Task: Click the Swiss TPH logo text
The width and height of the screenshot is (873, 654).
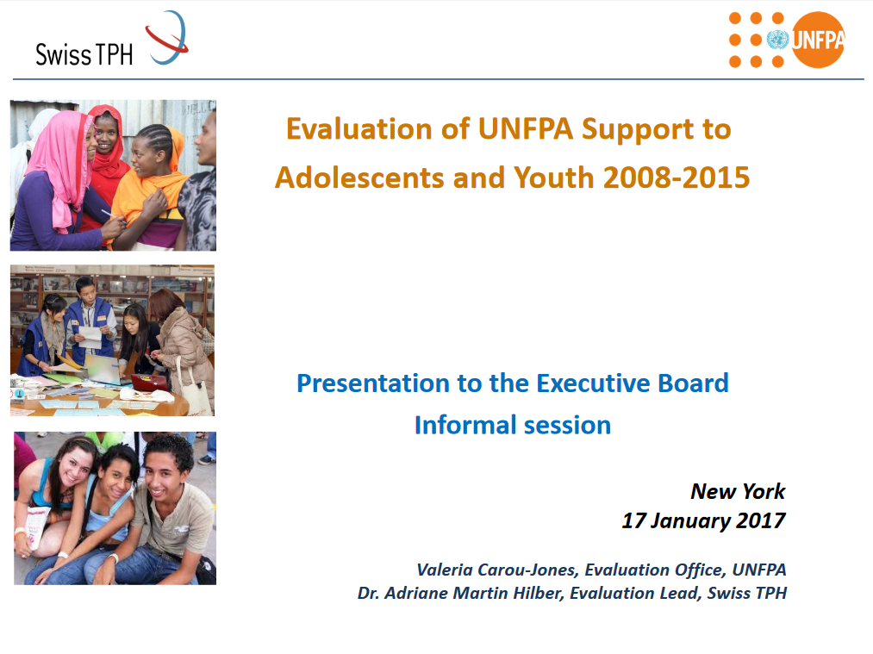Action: pyautogui.click(x=84, y=54)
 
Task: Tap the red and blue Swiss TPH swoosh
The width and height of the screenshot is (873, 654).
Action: pyautogui.click(x=167, y=38)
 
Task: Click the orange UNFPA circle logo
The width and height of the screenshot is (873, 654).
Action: pyautogui.click(x=817, y=40)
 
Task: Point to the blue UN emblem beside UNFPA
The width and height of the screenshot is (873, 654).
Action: pyautogui.click(x=777, y=40)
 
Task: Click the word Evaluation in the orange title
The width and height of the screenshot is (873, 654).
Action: pyautogui.click(x=359, y=129)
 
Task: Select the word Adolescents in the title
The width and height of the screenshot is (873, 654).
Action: pyautogui.click(x=359, y=178)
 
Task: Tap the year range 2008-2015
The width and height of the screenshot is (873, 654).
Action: pyautogui.click(x=677, y=178)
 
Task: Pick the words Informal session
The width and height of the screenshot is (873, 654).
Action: pyautogui.click(x=513, y=426)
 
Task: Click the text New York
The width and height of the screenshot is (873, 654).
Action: pyautogui.click(x=738, y=491)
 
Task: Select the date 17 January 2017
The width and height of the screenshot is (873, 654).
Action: pyautogui.click(x=704, y=520)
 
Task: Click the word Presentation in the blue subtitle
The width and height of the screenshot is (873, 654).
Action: pyautogui.click(x=373, y=383)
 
